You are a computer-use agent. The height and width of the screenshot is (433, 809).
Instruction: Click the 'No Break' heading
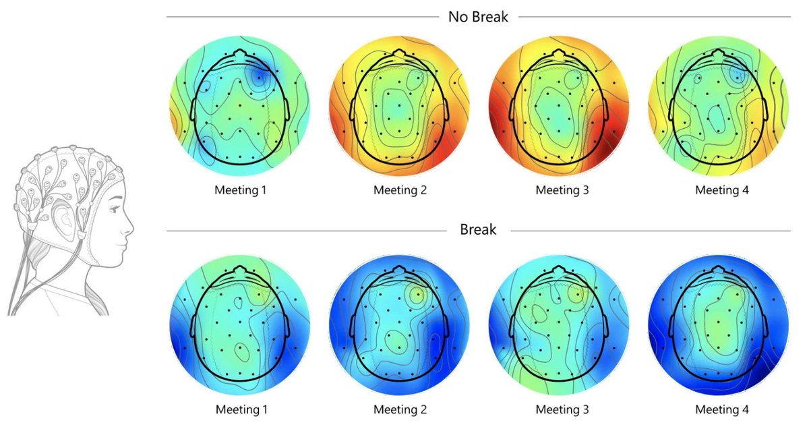[x=478, y=16]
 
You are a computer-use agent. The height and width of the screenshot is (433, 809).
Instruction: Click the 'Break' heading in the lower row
[x=478, y=230]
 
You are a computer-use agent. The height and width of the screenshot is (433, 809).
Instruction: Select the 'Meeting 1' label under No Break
[x=241, y=190]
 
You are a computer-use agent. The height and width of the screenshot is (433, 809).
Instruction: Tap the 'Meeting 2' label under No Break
[x=400, y=190]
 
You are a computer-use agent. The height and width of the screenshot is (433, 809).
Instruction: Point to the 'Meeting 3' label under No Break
[x=562, y=190]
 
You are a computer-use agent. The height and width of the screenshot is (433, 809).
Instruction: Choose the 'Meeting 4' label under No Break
[x=722, y=190]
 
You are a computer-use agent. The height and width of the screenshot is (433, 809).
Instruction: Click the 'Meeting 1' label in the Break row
[x=241, y=409]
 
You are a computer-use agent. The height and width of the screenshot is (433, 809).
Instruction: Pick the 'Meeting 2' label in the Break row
[x=400, y=409]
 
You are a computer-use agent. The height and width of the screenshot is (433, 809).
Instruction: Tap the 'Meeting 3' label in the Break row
[x=562, y=409]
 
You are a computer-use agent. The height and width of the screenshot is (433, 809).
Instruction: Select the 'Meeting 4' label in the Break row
[x=722, y=409]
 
